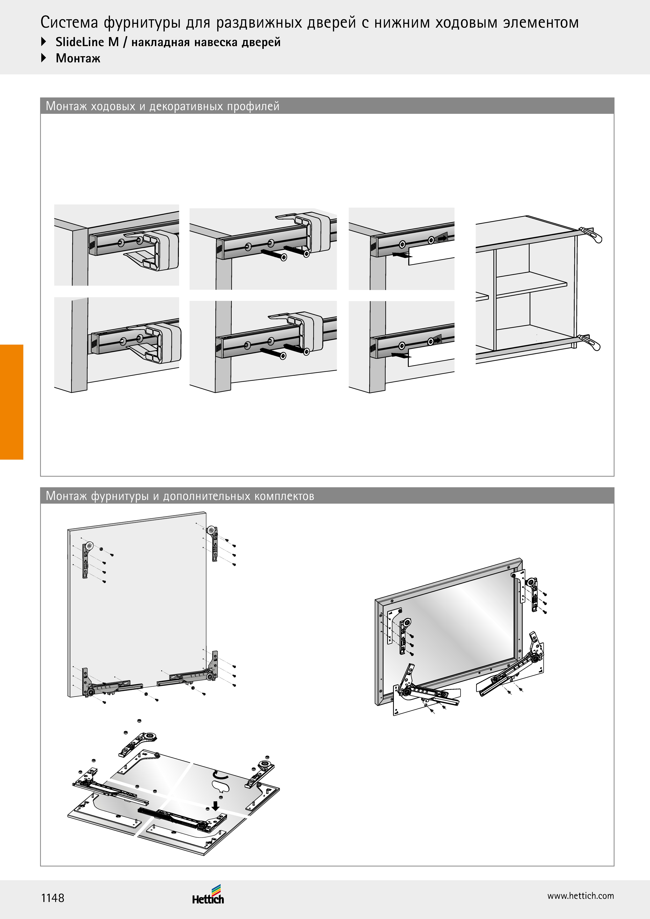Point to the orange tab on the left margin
(12, 402)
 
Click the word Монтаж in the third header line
(78, 58)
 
